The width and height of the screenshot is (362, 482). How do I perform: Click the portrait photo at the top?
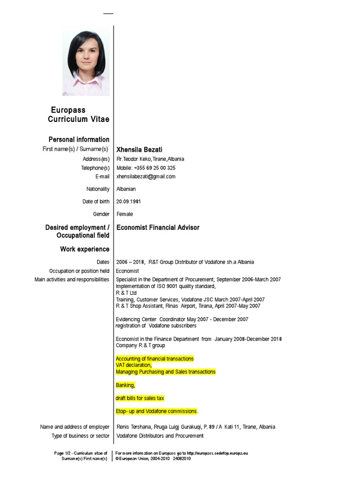click(86, 63)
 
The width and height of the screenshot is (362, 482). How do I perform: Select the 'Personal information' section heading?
click(79, 139)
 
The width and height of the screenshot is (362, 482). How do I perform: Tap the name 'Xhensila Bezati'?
click(139, 150)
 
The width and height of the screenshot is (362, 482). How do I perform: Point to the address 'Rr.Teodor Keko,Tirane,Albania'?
click(150, 159)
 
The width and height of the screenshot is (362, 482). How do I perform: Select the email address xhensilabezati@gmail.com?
click(146, 177)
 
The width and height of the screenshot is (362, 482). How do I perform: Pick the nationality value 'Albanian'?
click(126, 189)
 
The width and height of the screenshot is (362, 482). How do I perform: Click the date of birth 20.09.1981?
click(129, 201)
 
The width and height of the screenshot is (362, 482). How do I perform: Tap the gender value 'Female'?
click(125, 214)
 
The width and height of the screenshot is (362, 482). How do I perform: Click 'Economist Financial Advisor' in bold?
click(158, 228)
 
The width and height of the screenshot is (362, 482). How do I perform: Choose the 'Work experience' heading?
click(84, 249)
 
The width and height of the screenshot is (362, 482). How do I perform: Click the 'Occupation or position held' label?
click(79, 271)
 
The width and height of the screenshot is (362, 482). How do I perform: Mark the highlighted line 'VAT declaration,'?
click(134, 365)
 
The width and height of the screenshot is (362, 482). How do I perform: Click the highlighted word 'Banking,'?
click(125, 386)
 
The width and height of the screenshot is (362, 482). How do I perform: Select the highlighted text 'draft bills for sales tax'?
click(140, 398)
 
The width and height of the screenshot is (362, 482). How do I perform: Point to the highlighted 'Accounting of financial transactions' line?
click(155, 359)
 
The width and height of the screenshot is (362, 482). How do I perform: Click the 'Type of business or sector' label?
click(81, 436)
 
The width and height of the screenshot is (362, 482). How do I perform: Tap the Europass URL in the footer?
click(217, 453)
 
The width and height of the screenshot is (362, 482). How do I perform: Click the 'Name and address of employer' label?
click(75, 427)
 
